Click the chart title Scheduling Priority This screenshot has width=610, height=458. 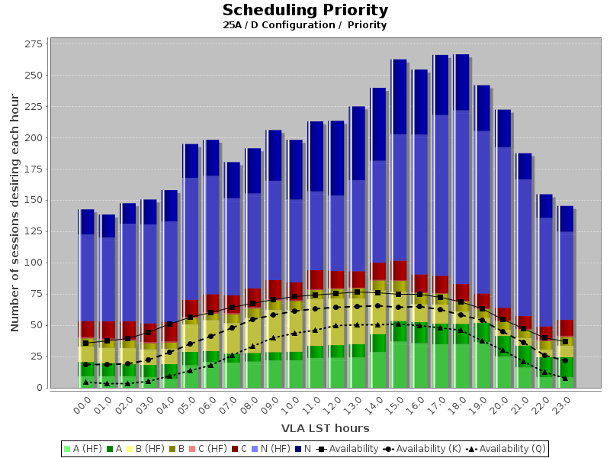click(x=305, y=11)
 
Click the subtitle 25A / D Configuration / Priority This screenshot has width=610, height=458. click(x=305, y=25)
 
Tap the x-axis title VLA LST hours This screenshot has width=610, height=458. click(x=325, y=428)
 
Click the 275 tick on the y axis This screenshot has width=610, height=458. click(x=33, y=44)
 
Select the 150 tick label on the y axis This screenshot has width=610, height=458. click(x=33, y=200)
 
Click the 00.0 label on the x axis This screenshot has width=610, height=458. click(x=83, y=405)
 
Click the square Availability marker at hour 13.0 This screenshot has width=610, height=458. click(x=357, y=292)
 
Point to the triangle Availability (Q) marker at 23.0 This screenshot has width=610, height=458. click(x=565, y=378)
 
